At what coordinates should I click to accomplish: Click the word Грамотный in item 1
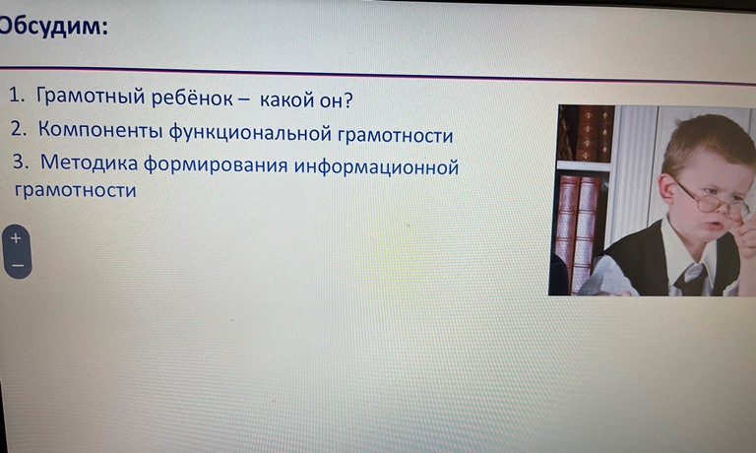click(91, 96)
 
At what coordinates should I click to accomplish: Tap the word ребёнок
click(193, 97)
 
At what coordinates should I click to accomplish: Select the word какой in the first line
click(285, 99)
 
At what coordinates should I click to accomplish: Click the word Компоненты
click(100, 130)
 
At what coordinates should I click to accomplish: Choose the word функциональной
click(250, 133)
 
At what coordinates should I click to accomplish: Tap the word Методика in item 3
click(90, 162)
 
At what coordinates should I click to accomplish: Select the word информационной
click(377, 167)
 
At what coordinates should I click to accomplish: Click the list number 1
click(17, 95)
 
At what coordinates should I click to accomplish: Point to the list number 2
click(19, 128)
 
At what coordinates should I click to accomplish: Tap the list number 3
click(21, 162)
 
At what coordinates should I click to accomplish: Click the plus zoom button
click(16, 238)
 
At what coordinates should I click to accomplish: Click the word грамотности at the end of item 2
click(396, 136)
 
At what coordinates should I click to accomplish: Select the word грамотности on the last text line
click(76, 190)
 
